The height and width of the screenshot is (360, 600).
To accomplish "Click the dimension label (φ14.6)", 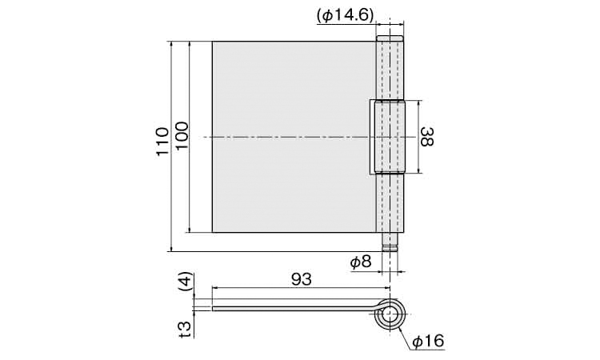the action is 345,16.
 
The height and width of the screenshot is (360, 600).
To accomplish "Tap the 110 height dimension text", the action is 162,142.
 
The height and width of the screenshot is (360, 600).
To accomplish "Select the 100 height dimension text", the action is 182,136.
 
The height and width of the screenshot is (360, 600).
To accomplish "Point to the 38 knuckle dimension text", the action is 427,137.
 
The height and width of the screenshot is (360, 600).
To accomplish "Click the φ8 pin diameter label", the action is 361,262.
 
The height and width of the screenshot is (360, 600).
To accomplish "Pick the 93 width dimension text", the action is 302,280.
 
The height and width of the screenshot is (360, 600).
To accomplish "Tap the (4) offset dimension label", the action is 186,282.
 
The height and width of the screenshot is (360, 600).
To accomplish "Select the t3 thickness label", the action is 186,329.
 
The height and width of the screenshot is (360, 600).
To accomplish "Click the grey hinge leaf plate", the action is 294,137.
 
